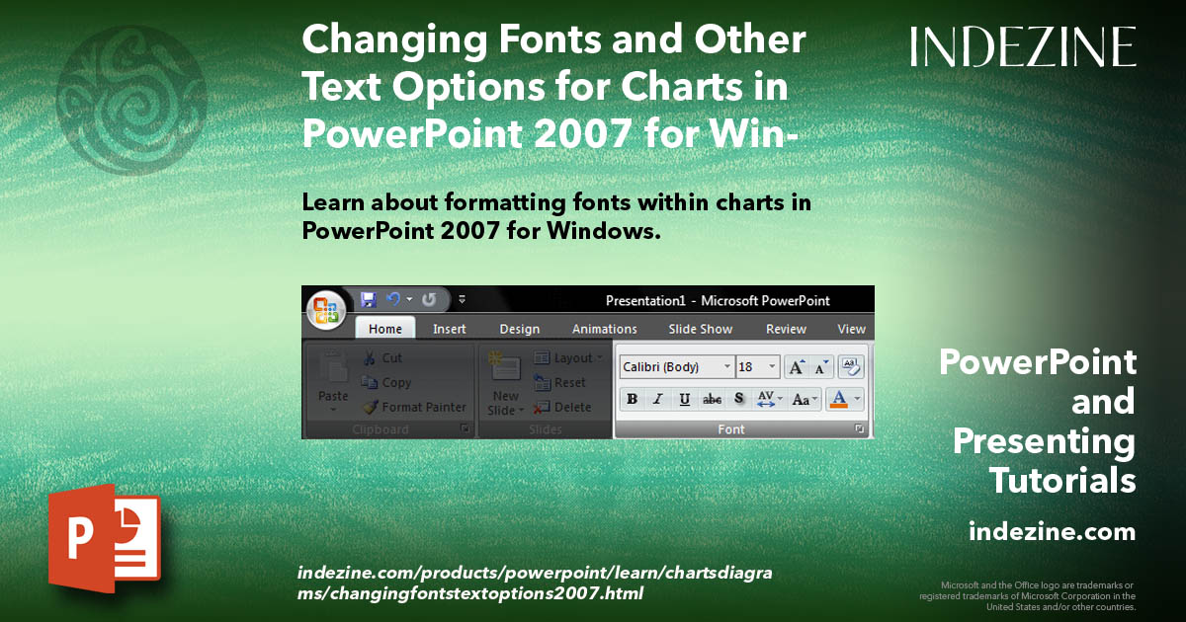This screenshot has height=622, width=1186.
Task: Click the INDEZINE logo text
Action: (1023, 47)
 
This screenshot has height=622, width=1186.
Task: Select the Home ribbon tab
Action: (384, 329)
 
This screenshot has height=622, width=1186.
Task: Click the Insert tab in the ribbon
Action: (450, 329)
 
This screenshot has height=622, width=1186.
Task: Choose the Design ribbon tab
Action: (519, 329)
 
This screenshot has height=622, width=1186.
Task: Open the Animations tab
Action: (604, 329)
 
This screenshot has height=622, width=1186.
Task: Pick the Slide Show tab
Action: (700, 329)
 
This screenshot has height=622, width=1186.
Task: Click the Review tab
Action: (786, 329)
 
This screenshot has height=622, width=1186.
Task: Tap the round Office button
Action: (326, 310)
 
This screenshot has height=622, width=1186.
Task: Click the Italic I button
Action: (657, 400)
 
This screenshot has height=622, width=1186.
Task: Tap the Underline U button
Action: (684, 400)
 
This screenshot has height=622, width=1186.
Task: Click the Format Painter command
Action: (415, 407)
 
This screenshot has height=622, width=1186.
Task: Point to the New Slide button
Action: (506, 385)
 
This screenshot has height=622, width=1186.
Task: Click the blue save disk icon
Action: (369, 299)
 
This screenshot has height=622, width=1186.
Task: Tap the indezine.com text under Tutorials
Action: (1052, 532)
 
